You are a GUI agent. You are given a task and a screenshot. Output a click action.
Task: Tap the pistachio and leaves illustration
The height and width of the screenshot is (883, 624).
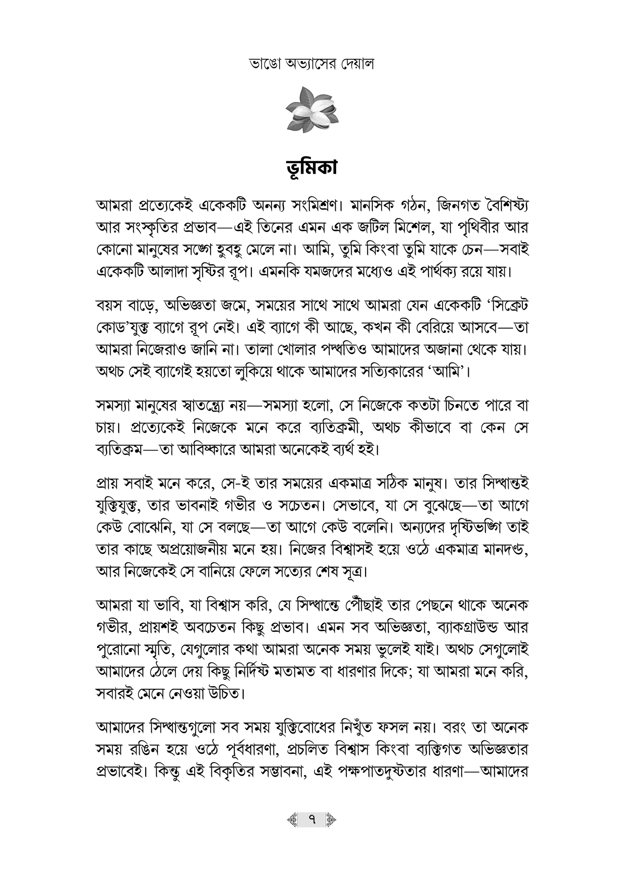tap(312, 110)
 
